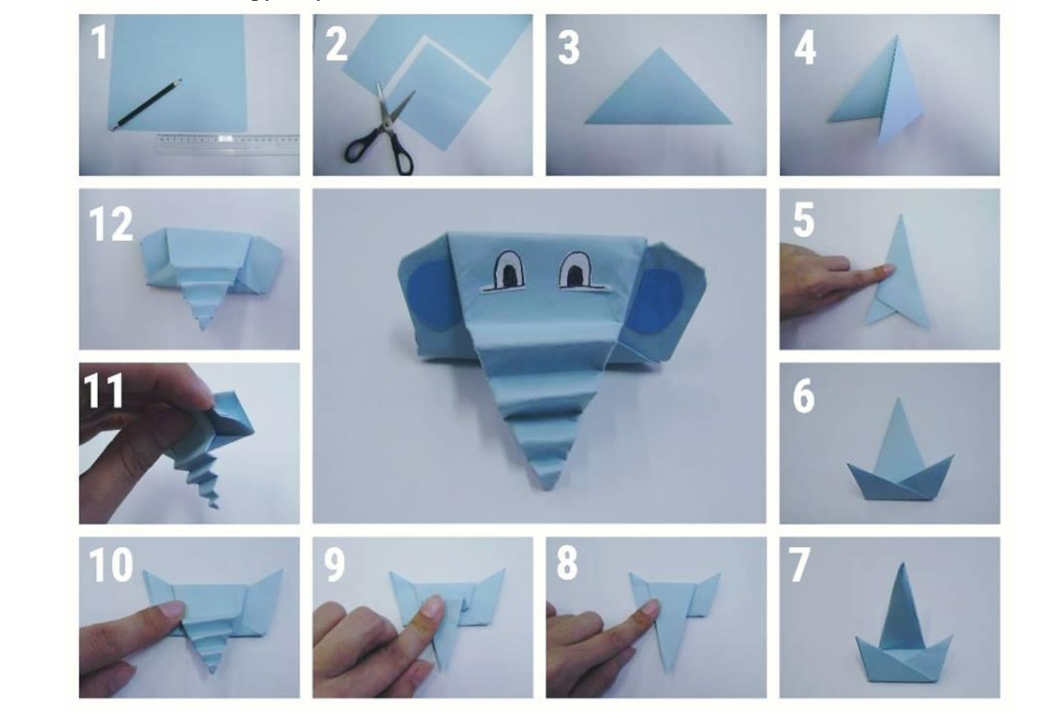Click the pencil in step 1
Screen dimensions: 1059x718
point(146,104)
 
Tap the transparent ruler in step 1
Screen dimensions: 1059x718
point(228,145)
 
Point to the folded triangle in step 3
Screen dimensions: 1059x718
point(658,93)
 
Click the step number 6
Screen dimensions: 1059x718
point(803,396)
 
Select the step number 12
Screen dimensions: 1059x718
point(111,224)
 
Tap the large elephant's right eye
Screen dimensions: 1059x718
point(576,270)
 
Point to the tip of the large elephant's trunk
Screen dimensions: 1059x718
point(547,488)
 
